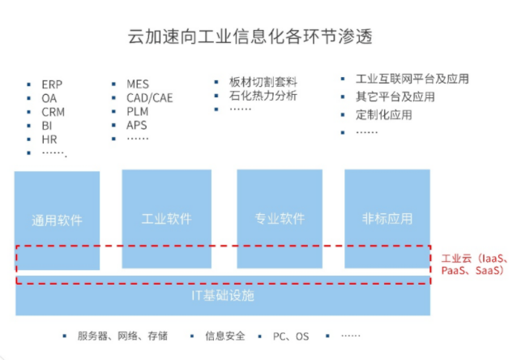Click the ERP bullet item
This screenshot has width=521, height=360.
pyautogui.click(x=53, y=84)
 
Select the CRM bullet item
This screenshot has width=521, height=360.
pyautogui.click(x=54, y=112)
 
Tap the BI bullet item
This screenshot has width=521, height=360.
pyautogui.click(x=47, y=126)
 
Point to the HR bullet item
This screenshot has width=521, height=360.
pyautogui.click(x=49, y=139)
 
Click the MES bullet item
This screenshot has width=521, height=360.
pyautogui.click(x=138, y=84)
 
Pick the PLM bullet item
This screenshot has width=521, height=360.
pyautogui.click(x=138, y=111)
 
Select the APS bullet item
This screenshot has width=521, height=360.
pyautogui.click(x=137, y=125)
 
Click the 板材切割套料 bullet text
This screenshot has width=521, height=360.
pyautogui.click(x=263, y=82)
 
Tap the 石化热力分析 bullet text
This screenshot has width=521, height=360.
pyautogui.click(x=263, y=96)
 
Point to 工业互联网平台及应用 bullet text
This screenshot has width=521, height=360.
pyautogui.click(x=412, y=79)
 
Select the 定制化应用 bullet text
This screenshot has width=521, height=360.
pyautogui.click(x=383, y=114)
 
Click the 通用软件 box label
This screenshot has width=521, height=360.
pyautogui.click(x=57, y=220)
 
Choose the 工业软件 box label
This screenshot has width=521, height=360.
pyautogui.click(x=166, y=219)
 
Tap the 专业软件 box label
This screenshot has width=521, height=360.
pyautogui.click(x=280, y=219)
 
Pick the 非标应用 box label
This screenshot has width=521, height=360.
pyautogui.click(x=387, y=219)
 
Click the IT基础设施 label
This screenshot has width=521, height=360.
pyautogui.click(x=222, y=295)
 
